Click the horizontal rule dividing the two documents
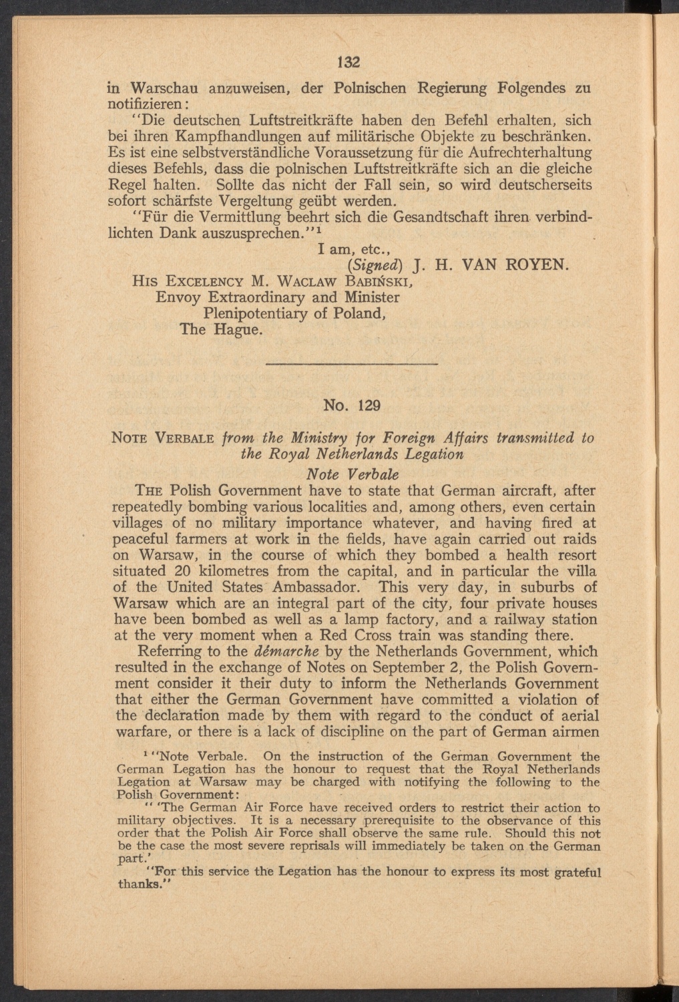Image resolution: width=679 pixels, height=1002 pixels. pos(351,363)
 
